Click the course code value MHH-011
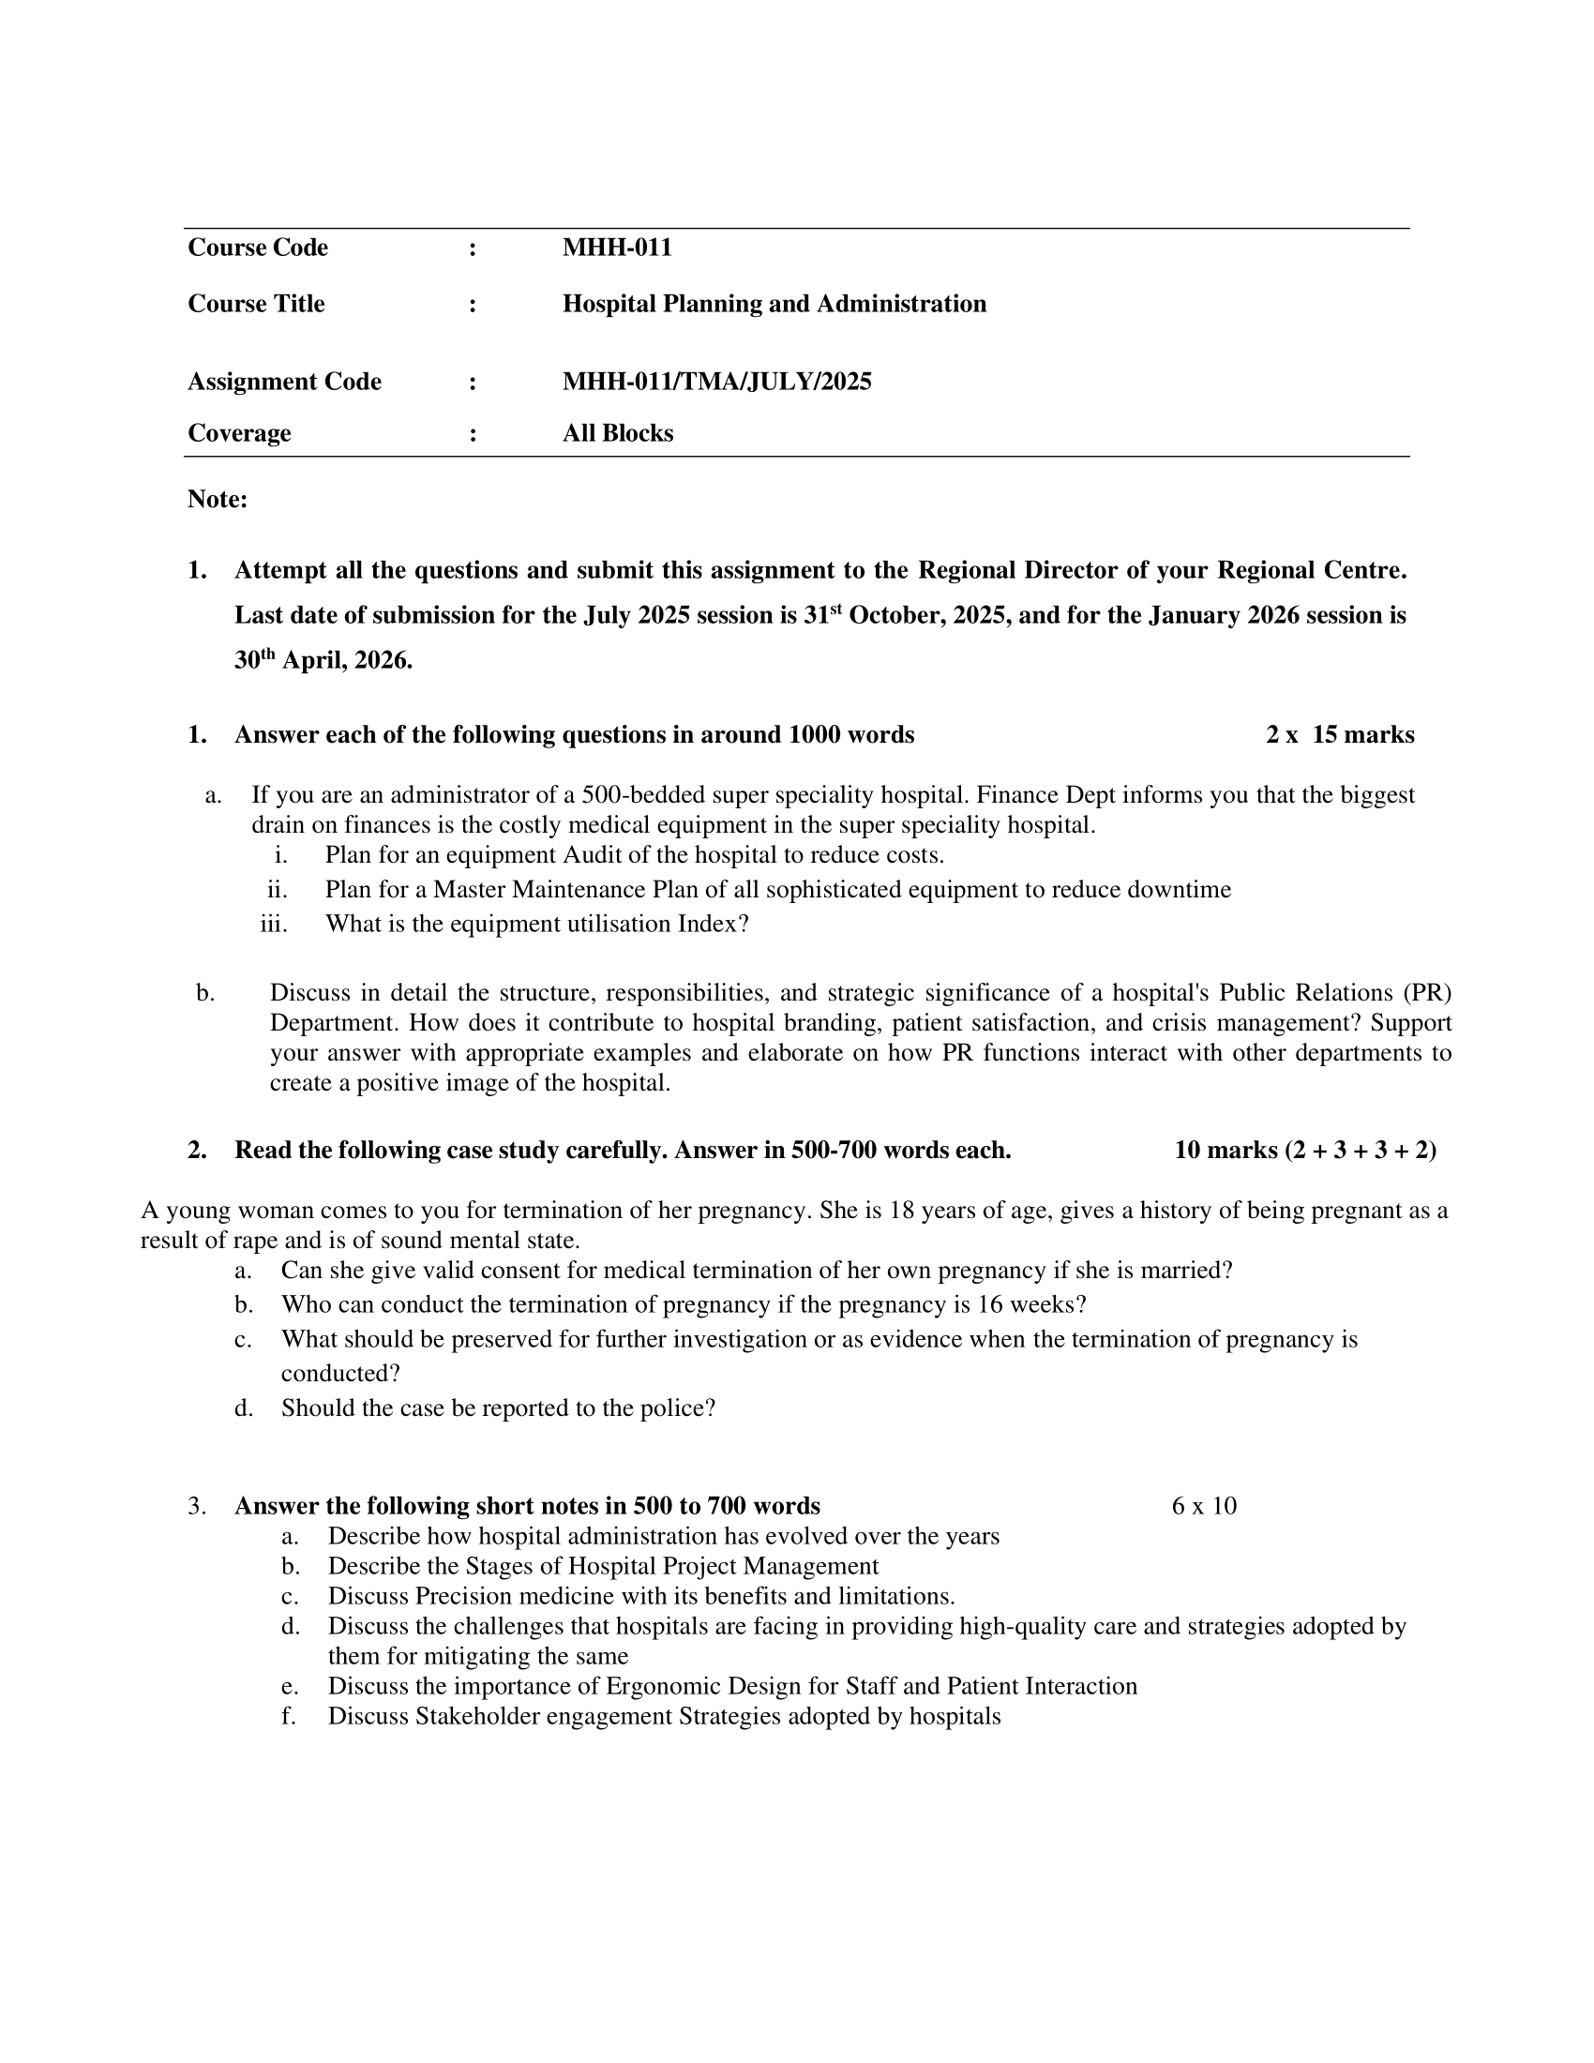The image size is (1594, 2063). coord(617,248)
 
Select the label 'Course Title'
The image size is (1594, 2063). coord(256,304)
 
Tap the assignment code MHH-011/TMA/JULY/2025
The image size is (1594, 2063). coord(716,382)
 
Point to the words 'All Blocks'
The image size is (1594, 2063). coord(618,433)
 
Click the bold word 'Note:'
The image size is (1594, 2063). coord(218,500)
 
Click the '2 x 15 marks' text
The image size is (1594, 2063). coord(1339,735)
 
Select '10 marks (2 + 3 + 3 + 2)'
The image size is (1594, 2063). coord(1304,1151)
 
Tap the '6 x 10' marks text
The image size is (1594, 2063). coord(1203,1506)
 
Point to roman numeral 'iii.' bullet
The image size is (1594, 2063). coord(273,924)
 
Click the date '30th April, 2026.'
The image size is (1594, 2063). coord(323,661)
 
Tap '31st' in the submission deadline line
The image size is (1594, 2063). coord(821,616)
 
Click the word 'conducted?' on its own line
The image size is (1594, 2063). coord(340,1374)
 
